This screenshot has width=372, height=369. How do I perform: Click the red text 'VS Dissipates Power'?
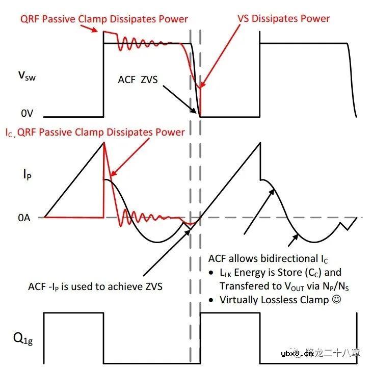click(x=283, y=19)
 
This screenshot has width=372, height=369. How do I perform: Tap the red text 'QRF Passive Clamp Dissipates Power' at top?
click(x=104, y=19)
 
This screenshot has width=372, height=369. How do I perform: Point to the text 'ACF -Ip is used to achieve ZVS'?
click(x=95, y=286)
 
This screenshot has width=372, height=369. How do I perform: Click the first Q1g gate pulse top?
click(x=74, y=313)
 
